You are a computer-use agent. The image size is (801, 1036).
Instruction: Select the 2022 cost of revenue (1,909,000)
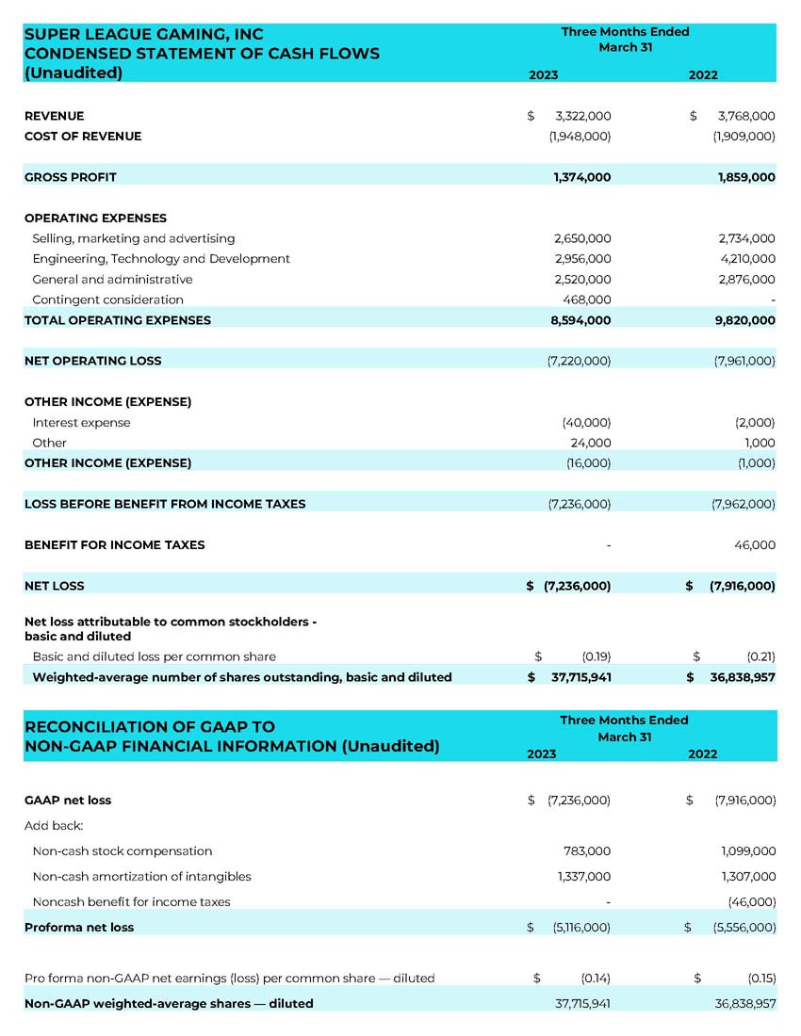[x=744, y=137]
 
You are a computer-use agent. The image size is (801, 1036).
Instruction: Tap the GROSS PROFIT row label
[x=71, y=177]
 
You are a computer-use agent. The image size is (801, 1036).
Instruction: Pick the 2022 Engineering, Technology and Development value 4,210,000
[x=746, y=259]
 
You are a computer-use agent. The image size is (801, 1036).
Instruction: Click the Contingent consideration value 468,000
[x=586, y=299]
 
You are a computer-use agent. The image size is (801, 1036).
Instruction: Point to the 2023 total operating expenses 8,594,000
[x=581, y=320]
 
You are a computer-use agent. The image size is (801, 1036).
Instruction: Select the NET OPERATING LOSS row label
[x=92, y=361]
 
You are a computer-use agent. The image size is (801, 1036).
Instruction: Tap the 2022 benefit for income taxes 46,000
[x=754, y=545]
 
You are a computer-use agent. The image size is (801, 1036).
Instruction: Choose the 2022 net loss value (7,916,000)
[x=743, y=586]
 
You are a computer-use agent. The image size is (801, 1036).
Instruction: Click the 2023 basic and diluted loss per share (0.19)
[x=596, y=656]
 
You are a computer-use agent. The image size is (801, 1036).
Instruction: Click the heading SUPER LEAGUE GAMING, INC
[x=143, y=35]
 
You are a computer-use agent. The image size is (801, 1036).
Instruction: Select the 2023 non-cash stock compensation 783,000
[x=586, y=851]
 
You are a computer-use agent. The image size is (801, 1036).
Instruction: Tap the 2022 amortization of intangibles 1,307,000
[x=747, y=877]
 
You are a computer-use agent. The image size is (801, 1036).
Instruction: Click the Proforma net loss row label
[x=79, y=928]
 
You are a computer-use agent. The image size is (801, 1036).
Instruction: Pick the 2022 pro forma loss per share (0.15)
[x=760, y=979]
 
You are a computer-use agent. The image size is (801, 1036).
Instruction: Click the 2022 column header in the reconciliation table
[x=702, y=754]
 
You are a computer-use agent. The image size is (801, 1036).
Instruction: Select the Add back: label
[x=54, y=826]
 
